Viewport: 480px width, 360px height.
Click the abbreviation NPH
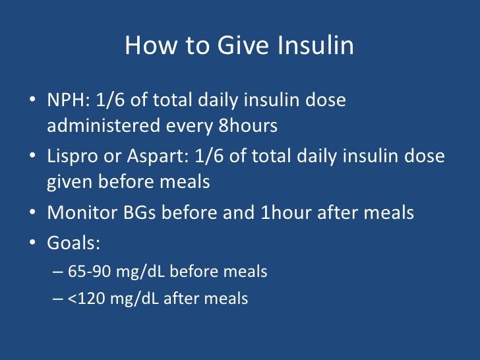[65, 102]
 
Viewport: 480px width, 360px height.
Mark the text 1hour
[285, 213]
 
